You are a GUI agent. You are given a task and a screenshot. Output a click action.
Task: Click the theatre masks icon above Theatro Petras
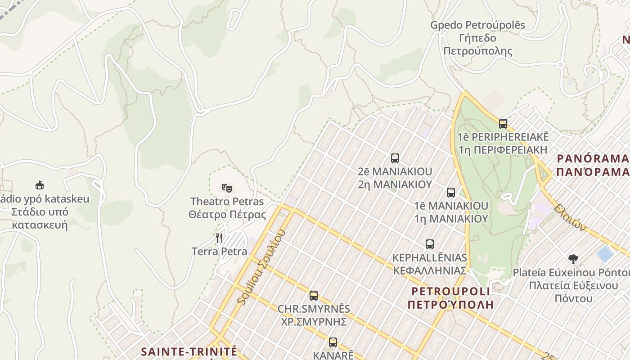click(226, 188)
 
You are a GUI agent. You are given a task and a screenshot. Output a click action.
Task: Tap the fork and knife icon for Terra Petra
click(219, 238)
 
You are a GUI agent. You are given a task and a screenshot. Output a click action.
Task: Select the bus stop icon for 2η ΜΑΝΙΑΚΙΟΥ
click(395, 158)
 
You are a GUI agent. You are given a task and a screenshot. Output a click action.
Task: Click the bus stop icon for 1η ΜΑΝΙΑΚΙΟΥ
click(451, 193)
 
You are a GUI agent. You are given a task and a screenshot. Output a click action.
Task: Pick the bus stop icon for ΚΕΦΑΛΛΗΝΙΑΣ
click(430, 244)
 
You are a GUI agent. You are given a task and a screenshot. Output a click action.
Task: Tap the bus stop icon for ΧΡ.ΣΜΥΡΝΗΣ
click(314, 296)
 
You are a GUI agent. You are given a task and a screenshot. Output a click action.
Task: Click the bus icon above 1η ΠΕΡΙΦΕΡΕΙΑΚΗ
click(503, 123)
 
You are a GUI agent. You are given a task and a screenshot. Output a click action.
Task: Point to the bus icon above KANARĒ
click(333, 342)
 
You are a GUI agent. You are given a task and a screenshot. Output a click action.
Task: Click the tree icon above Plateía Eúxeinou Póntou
click(573, 259)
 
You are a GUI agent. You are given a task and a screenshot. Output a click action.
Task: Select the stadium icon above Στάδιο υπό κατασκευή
click(40, 185)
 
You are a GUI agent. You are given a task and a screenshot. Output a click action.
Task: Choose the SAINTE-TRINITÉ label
click(189, 351)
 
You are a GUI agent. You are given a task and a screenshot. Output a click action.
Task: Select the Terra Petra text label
click(220, 251)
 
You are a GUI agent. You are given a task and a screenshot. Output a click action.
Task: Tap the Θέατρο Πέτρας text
click(228, 214)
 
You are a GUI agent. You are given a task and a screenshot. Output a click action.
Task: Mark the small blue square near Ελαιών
click(605, 253)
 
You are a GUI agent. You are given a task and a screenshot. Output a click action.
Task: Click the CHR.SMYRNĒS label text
click(314, 309)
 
